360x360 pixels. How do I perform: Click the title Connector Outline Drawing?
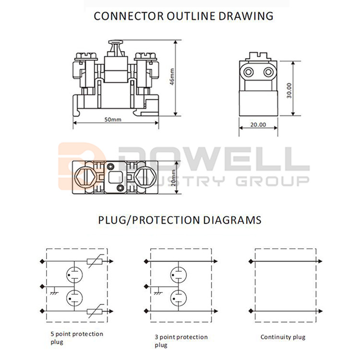(183, 16)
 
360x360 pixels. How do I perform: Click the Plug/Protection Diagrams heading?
(180, 220)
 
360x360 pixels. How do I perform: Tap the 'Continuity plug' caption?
(283, 337)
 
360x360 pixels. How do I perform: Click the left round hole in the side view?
(249, 72)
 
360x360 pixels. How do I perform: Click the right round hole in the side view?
(268, 72)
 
